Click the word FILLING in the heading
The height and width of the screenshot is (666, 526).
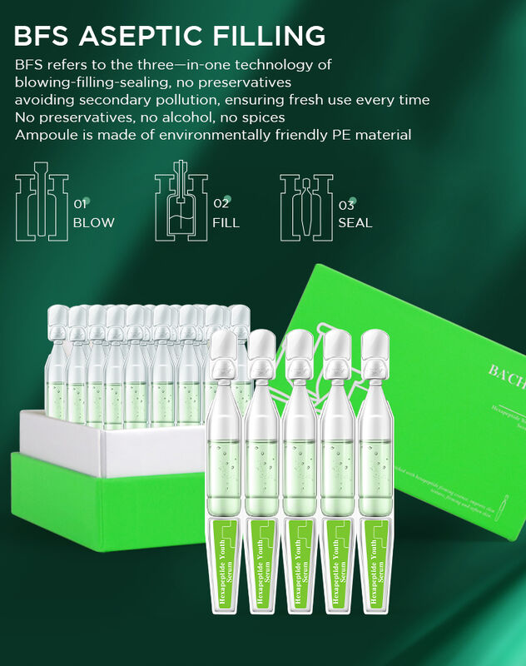point(270,37)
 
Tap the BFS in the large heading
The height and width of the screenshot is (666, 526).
point(47,37)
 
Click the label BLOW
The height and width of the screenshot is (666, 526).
point(93,223)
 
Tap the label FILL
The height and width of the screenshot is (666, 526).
point(226,223)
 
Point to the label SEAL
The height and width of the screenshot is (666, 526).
point(355,223)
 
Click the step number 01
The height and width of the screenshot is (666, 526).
point(81,204)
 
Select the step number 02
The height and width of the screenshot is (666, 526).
point(221,204)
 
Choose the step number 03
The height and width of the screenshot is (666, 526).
point(346,204)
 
